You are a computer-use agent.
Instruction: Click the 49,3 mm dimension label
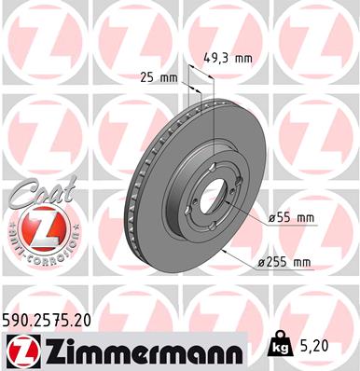228,58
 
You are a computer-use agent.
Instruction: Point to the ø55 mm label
291,217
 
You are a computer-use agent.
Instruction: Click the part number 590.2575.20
53,319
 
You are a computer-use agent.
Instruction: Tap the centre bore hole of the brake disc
216,199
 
